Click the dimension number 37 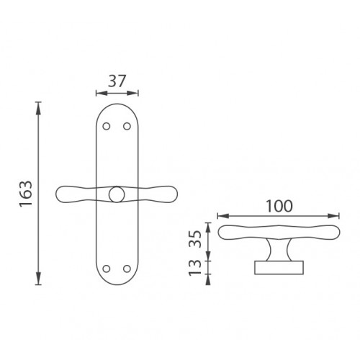tap(117, 81)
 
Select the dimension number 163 tap(26, 194)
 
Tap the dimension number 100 tap(279, 206)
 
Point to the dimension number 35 tap(195, 239)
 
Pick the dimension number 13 tap(195, 268)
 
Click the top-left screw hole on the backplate tap(107, 126)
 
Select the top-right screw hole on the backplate tap(127, 126)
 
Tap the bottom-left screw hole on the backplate tap(107, 269)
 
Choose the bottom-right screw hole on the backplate tap(127, 269)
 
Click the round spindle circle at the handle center tap(117, 194)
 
